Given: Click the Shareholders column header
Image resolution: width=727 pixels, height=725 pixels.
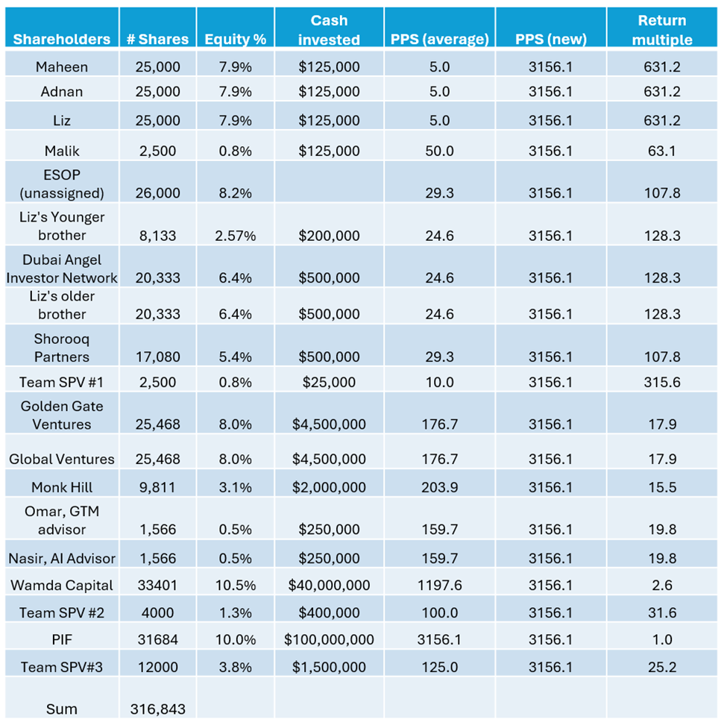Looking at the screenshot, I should (x=61, y=40).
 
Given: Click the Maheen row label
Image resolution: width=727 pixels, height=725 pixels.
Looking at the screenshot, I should (x=61, y=67).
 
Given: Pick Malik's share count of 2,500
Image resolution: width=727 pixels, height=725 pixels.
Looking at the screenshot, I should (x=157, y=151).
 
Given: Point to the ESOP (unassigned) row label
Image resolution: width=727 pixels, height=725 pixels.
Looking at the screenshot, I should (x=61, y=183).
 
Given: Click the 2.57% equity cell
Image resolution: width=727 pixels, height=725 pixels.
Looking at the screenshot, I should (x=235, y=236).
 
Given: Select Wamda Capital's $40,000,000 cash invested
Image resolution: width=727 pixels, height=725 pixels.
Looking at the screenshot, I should (x=329, y=586).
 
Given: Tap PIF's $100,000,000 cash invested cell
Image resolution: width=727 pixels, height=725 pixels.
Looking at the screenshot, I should (x=329, y=640).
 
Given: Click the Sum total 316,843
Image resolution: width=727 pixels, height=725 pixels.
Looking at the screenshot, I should (x=157, y=709).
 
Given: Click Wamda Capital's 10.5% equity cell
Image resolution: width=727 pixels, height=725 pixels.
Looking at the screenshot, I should (x=235, y=586).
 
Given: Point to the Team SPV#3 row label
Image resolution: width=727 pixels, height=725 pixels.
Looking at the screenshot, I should (x=61, y=668).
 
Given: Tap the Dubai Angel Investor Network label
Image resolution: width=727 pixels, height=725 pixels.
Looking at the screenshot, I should (x=61, y=269).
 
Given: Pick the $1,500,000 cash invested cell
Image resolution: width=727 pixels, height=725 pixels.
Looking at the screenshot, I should (x=329, y=668).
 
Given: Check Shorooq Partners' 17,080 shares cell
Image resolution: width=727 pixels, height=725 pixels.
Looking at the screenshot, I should (x=157, y=357).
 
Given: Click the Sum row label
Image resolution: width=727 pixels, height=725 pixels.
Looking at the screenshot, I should (x=61, y=709).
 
